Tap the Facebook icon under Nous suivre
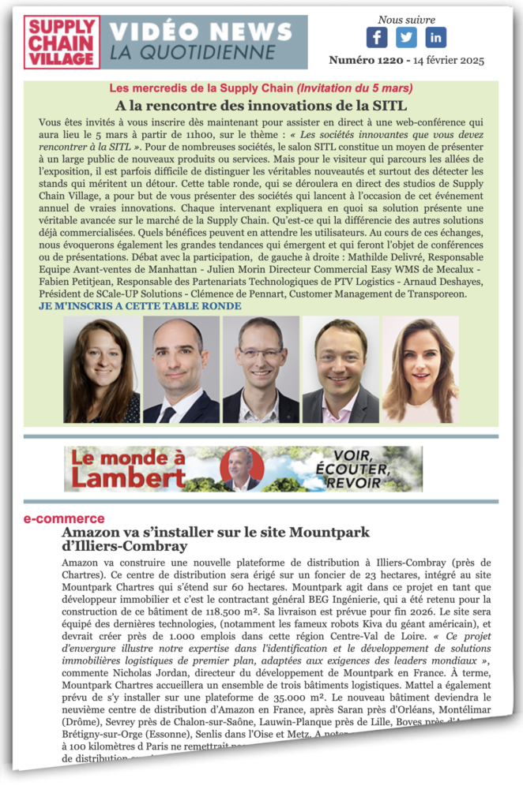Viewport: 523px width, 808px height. pos(377,37)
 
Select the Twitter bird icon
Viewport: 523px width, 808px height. pos(406,37)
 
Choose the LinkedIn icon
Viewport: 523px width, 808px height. pos(435,37)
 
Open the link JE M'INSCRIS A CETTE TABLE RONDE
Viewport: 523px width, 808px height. pos(141,306)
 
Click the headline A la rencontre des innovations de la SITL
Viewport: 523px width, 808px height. pos(261,106)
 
